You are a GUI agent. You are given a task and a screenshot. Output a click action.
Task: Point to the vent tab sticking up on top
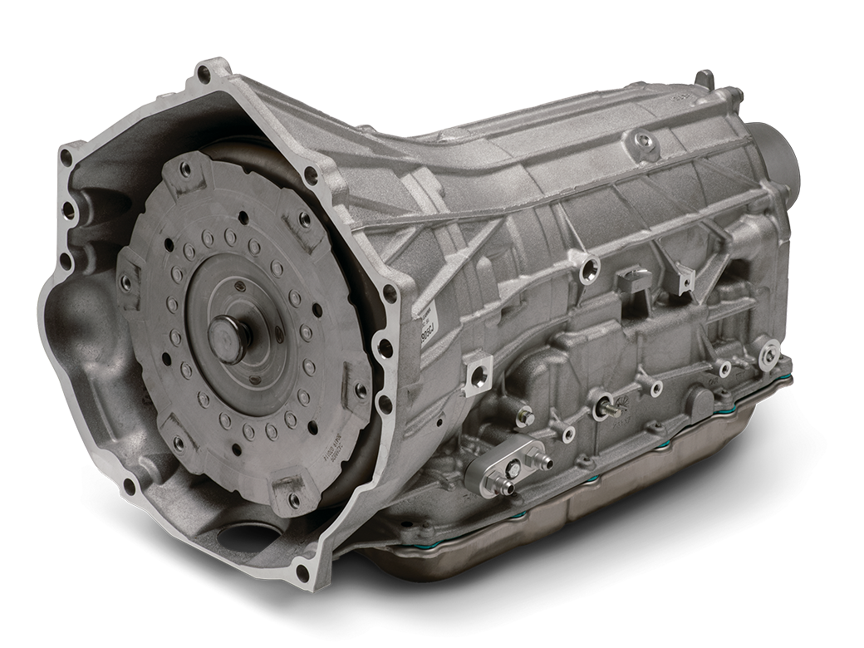pyautogui.click(x=705, y=80)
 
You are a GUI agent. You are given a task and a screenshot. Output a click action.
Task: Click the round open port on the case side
pyautogui.click(x=591, y=267)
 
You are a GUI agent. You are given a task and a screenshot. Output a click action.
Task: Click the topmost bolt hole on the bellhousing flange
pyautogui.click(x=204, y=74)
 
